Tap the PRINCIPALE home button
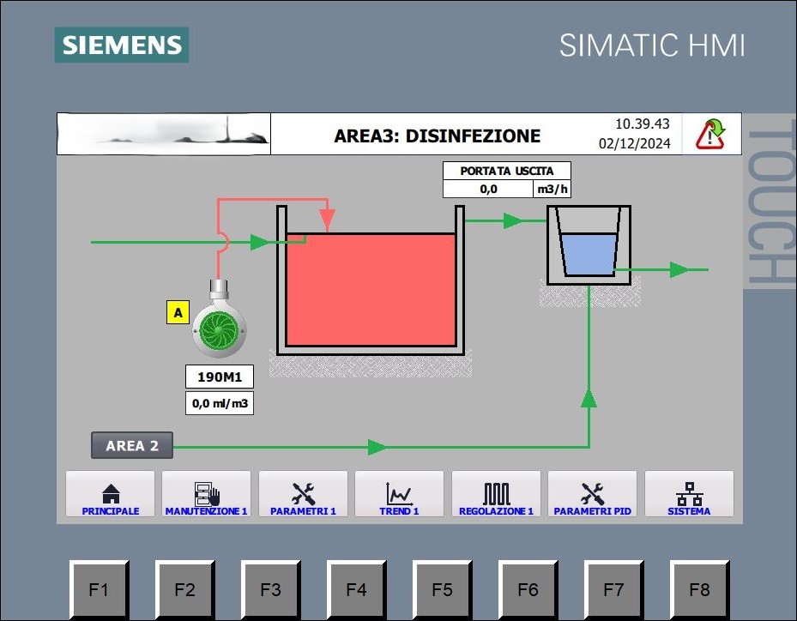click(x=111, y=494)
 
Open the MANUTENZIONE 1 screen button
click(x=207, y=494)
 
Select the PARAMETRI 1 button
click(x=303, y=494)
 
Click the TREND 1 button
click(x=399, y=494)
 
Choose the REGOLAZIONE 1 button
click(x=496, y=494)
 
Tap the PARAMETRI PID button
click(x=592, y=494)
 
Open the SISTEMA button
click(x=689, y=494)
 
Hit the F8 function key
click(x=699, y=589)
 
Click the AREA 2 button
click(x=132, y=446)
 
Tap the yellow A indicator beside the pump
click(x=178, y=312)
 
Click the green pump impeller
click(x=219, y=330)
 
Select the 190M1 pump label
click(x=220, y=377)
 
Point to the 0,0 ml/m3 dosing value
click(x=220, y=403)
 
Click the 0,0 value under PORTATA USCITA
click(x=488, y=189)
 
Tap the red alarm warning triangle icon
click(x=710, y=134)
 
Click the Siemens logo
click(x=122, y=45)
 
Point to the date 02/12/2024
click(x=634, y=144)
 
